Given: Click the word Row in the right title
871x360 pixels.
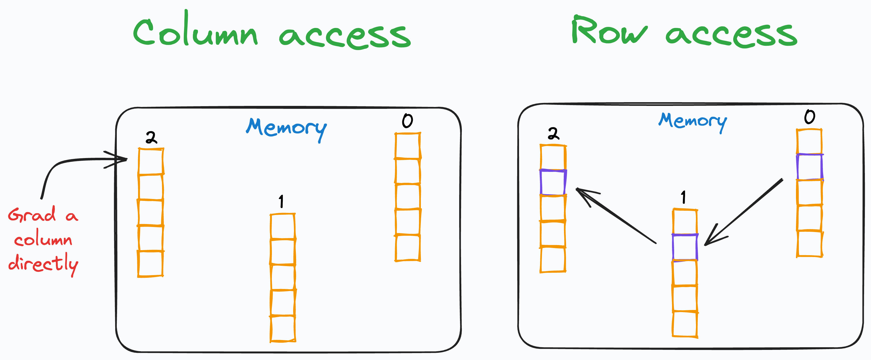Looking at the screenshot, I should click(x=609, y=31).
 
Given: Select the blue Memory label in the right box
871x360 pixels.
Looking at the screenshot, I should click(x=692, y=121).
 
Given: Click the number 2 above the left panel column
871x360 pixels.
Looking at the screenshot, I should click(x=151, y=138).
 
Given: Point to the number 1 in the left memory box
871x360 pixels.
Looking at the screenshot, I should click(x=281, y=201).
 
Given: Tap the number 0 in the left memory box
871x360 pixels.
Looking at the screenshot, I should click(x=408, y=121).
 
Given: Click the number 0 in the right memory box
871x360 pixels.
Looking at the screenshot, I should click(x=810, y=117).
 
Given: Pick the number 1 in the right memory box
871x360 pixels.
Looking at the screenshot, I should click(x=683, y=197).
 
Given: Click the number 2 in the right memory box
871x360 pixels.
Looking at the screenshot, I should click(x=554, y=134).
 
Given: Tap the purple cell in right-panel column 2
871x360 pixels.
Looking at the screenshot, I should click(x=553, y=183).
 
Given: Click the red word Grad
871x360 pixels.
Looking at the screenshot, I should click(x=32, y=215).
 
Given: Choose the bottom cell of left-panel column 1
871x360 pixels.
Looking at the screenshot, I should click(x=283, y=328).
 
